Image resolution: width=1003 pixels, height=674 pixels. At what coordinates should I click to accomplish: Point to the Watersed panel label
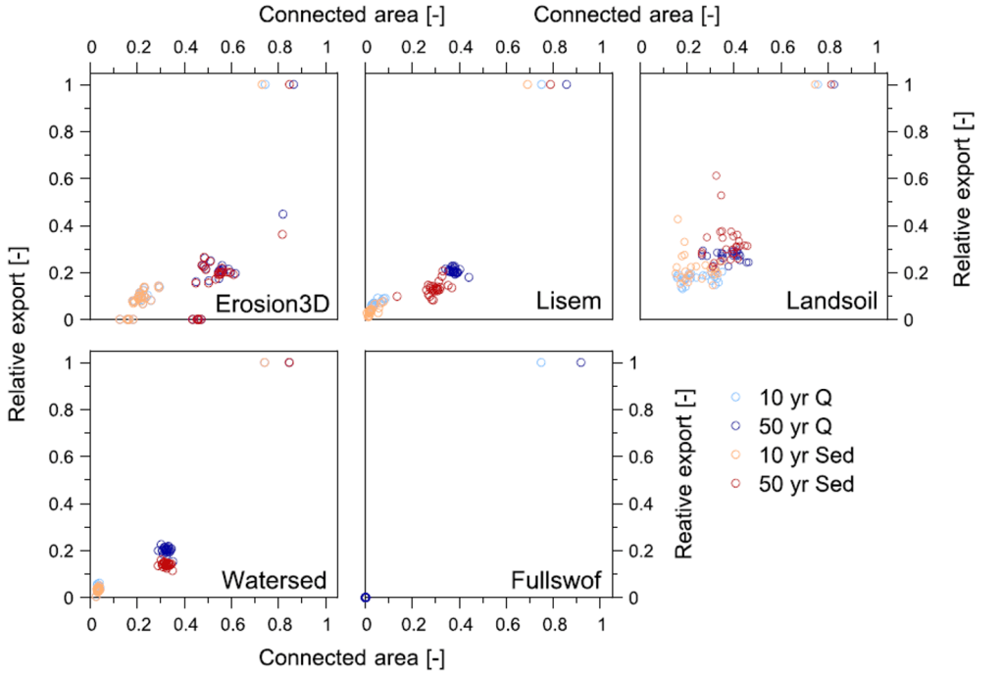[274, 580]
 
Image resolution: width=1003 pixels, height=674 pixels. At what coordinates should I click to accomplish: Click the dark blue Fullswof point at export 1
[580, 362]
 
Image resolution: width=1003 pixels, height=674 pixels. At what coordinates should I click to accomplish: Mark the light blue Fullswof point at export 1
[541, 362]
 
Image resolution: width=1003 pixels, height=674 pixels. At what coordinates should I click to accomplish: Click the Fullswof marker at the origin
[366, 597]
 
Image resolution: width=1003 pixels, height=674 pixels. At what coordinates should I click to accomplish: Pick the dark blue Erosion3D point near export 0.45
[282, 214]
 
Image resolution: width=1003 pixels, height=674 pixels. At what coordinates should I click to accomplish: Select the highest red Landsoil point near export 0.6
[716, 175]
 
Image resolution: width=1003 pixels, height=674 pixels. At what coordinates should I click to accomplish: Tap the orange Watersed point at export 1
[264, 362]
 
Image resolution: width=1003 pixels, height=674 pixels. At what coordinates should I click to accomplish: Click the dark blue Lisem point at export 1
[566, 84]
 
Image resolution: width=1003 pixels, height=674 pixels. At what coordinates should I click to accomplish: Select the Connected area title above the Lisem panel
[626, 15]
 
